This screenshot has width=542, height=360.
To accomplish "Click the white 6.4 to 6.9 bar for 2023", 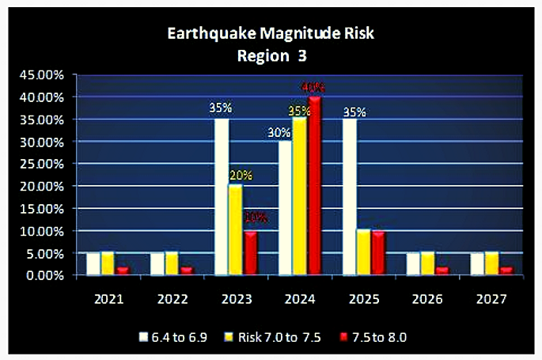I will click(x=222, y=197).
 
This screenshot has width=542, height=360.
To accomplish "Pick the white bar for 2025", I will click(x=349, y=197).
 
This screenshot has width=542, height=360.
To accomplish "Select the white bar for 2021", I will click(x=93, y=263).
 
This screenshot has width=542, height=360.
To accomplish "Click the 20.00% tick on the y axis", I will click(x=42, y=187).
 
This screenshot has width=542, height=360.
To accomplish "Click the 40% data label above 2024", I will click(x=313, y=86).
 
